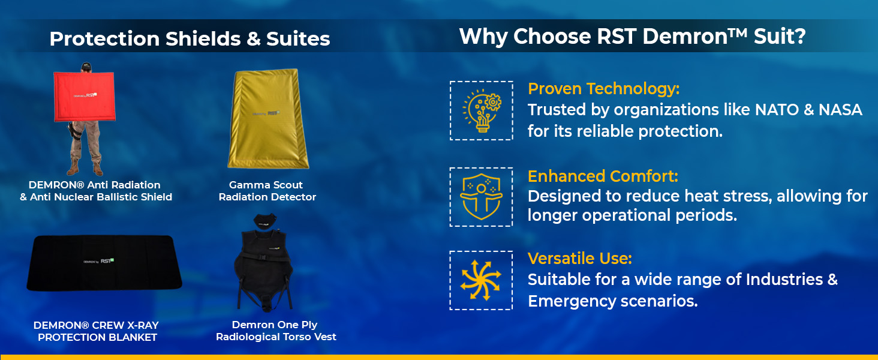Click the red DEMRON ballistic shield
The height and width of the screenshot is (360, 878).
tap(85, 97)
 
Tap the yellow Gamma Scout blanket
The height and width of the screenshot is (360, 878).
tap(269, 119)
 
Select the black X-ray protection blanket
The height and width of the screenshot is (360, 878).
tap(104, 263)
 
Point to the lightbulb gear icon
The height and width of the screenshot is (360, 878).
tap(482, 111)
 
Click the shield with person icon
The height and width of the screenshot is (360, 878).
tap(482, 197)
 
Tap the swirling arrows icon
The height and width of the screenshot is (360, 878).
tap(481, 280)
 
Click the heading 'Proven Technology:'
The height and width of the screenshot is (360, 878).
tap(603, 89)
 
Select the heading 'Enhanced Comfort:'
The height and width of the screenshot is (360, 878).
tap(603, 176)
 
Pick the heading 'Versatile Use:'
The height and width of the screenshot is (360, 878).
tap(580, 259)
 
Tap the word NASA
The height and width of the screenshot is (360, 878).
tap(840, 110)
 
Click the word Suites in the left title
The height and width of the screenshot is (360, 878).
tap(298, 38)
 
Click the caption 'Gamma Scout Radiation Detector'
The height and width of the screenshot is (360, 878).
tap(267, 191)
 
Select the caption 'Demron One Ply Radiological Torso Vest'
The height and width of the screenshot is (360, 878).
tap(276, 331)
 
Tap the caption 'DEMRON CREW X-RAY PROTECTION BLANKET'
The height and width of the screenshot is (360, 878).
tap(97, 331)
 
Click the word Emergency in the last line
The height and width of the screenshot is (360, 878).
tap(571, 302)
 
